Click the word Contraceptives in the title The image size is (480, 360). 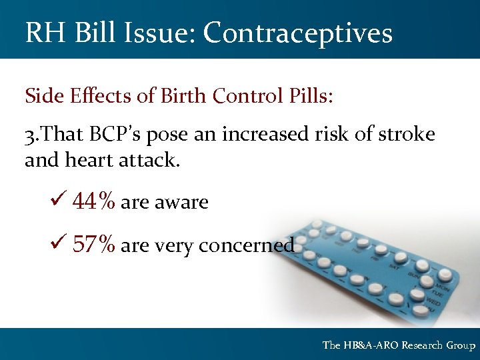pos(298,32)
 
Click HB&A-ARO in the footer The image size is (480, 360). pos(372,345)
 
